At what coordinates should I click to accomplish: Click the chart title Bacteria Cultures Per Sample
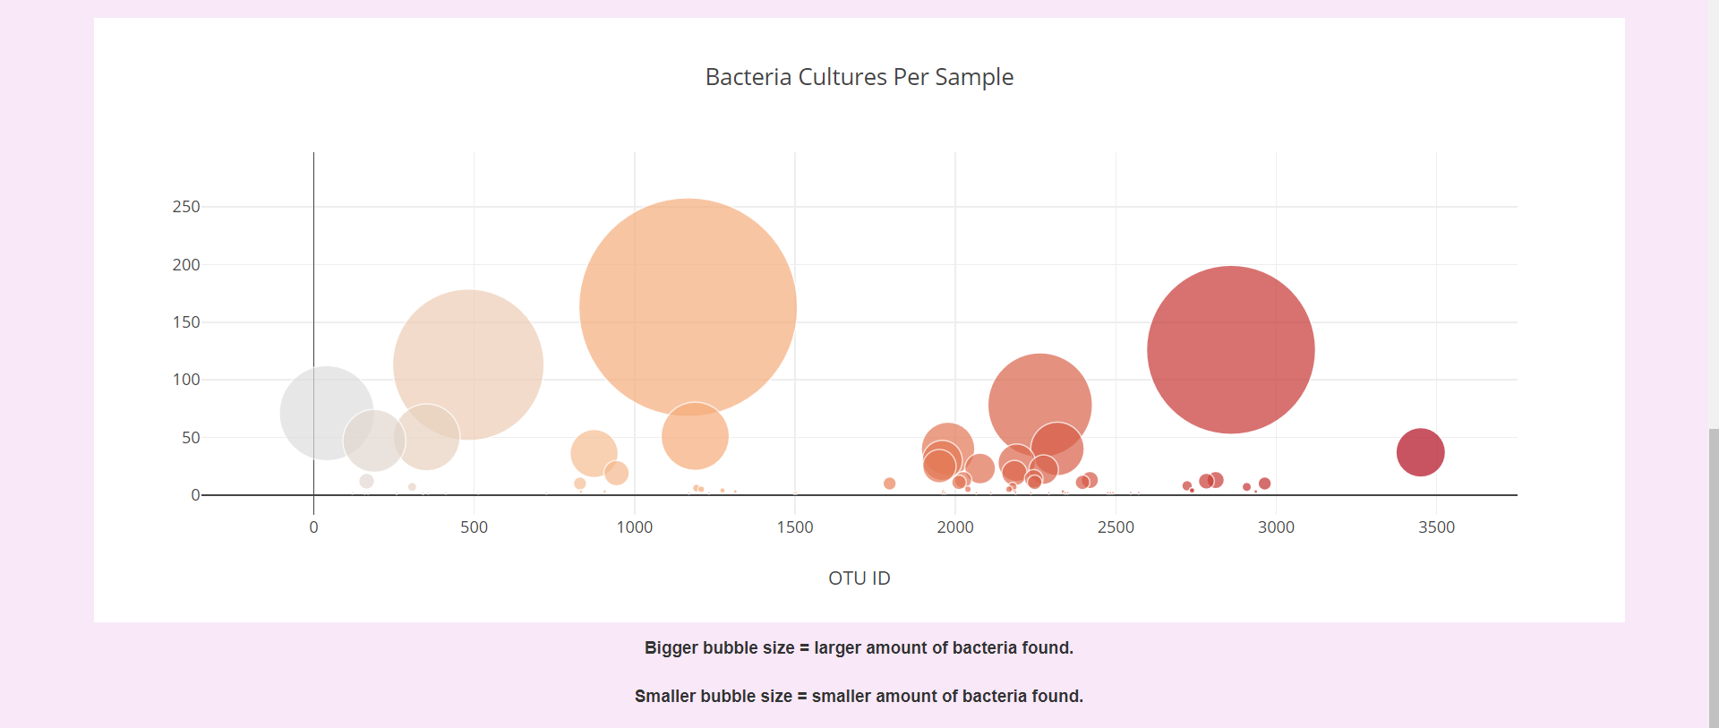pos(859,77)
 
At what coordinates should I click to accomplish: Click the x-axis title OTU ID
pos(859,578)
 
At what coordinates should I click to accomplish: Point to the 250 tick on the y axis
pos(186,207)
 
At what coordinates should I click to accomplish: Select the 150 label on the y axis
pos(186,322)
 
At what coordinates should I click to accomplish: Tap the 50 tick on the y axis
pos(191,438)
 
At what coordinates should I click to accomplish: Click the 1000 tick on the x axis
pos(634,527)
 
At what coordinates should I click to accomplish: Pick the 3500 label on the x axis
pos(1436,527)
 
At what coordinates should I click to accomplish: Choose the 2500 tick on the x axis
pos(1116,527)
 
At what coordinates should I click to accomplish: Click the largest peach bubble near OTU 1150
pos(688,306)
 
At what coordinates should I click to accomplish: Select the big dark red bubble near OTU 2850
pos(1230,349)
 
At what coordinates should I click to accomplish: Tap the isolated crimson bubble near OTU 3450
pos(1420,452)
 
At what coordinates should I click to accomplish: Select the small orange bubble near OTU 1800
pos(889,484)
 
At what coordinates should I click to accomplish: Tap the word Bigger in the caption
pos(671,647)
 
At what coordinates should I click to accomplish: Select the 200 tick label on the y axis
pos(186,265)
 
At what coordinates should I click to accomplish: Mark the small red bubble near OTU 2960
pos(1264,484)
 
